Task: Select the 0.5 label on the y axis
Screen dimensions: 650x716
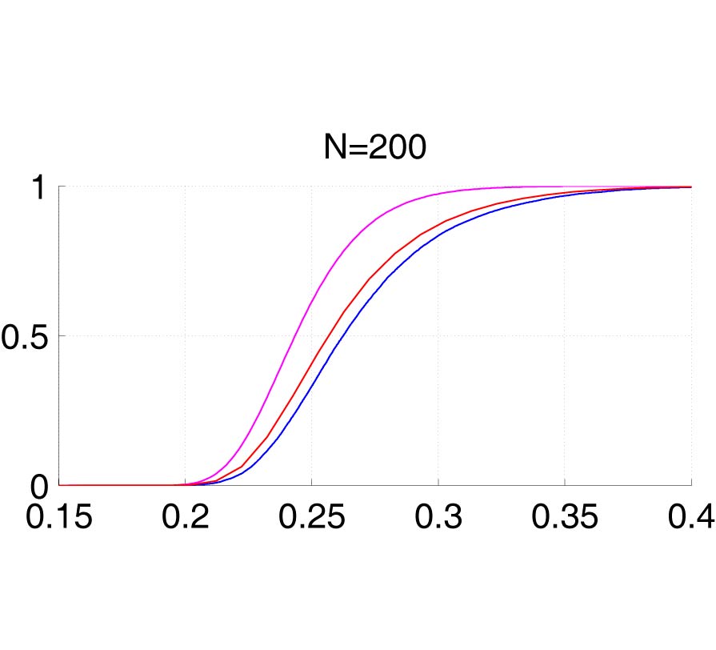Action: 24,336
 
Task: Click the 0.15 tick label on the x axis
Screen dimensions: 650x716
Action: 59,517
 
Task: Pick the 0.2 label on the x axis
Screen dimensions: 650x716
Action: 185,517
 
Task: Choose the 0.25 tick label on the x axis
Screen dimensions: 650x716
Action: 311,517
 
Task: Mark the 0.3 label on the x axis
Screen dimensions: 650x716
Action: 438,517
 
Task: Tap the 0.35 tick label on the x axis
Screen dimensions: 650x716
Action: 564,517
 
